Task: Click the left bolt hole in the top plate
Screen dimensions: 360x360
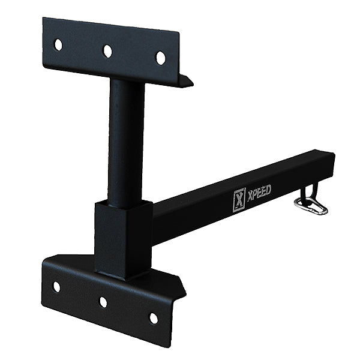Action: [x=58, y=44]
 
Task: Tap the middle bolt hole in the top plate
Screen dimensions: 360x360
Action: [x=107, y=51]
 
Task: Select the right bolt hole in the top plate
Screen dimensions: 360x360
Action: [x=160, y=58]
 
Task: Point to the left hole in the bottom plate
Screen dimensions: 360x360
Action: [x=56, y=286]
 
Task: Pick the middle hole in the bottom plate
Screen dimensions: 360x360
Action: [x=103, y=302]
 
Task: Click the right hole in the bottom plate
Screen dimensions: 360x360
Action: [x=154, y=317]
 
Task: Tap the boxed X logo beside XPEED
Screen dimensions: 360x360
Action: [x=239, y=200]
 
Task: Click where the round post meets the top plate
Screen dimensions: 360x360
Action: [x=127, y=81]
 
